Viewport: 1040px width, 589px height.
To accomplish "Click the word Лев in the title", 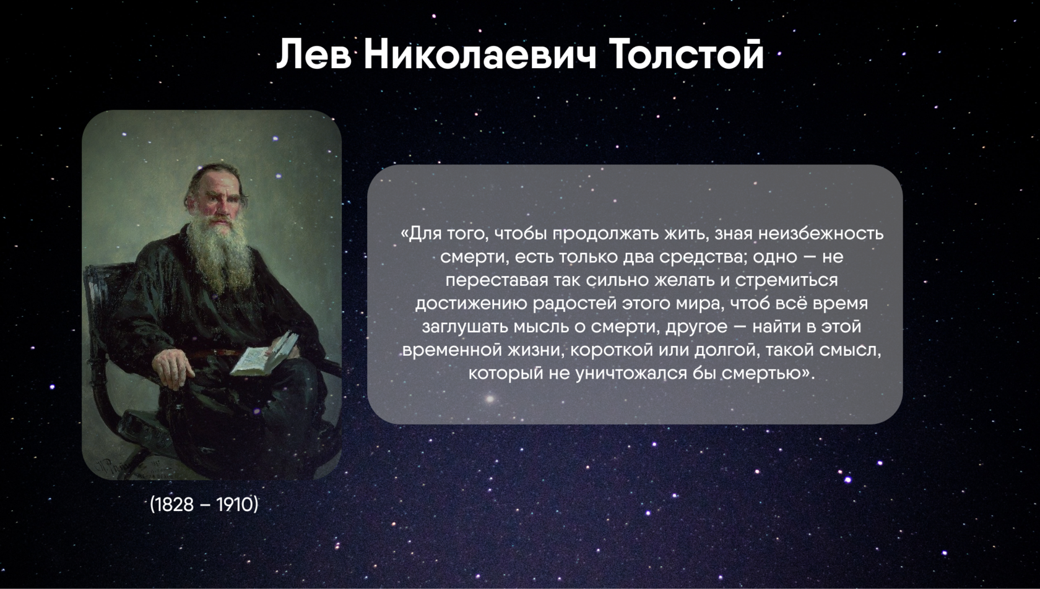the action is pyautogui.click(x=314, y=55).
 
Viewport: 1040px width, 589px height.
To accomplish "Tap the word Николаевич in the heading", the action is pyautogui.click(x=480, y=55).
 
